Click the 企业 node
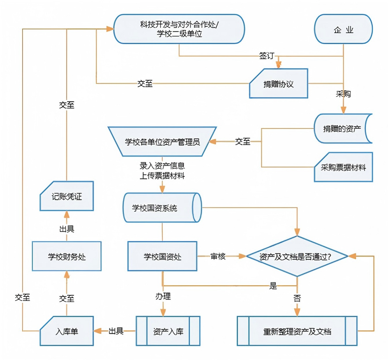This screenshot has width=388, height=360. point(343,29)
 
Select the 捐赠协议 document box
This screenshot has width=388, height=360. point(278,84)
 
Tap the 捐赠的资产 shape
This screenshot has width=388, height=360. point(342,129)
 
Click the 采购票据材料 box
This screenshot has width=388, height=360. point(343,167)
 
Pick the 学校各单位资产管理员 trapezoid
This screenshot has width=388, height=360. point(162,142)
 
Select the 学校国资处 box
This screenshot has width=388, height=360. point(162,256)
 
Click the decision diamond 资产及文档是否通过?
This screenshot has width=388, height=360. point(297,256)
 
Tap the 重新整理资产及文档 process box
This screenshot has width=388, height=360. point(297,331)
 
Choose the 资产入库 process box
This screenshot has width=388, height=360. point(168,331)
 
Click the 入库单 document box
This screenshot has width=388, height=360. point(67,331)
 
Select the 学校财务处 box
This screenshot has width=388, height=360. point(67,256)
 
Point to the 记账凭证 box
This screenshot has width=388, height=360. point(67,196)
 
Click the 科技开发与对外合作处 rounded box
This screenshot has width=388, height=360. point(179,29)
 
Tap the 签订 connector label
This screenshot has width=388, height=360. point(267,55)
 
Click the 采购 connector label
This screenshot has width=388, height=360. point(343,94)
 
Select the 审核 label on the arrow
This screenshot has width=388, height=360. point(218,256)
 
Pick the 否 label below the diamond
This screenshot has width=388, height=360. point(297,298)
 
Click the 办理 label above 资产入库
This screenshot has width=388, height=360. point(163,296)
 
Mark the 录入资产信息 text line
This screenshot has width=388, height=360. point(162,166)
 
